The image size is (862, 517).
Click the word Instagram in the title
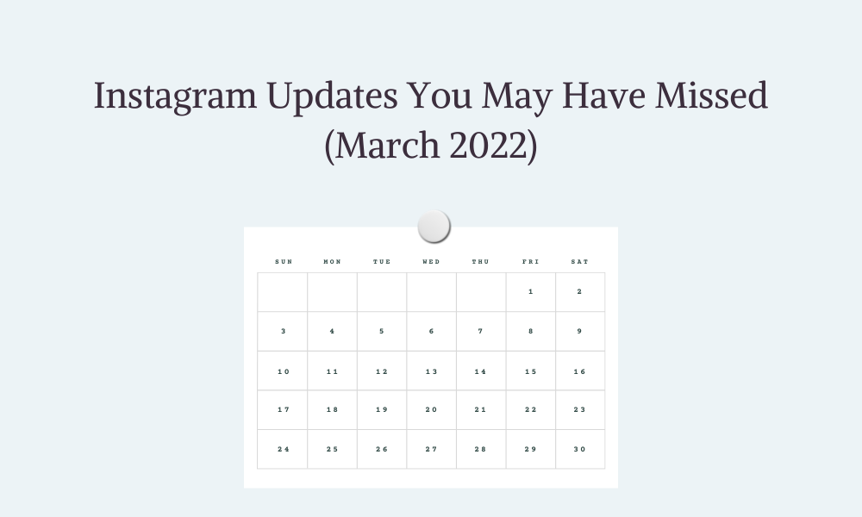175,97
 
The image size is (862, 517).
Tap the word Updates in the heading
332,97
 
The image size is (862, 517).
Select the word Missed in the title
711,95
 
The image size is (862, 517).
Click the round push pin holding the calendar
434,226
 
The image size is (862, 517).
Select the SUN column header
284,262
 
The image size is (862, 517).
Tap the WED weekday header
432,262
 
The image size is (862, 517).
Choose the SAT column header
580,262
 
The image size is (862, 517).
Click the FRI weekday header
530,262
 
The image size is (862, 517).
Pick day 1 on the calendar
530,292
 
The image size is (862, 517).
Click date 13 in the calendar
432,372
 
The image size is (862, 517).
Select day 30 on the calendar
580,450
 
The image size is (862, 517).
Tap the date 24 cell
284,450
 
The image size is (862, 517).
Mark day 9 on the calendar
579,331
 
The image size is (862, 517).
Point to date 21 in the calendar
480,410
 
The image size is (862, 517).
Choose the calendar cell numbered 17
284,410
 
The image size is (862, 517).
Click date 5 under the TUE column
382,331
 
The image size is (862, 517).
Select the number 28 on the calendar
480,450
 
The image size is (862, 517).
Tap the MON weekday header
333,262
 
